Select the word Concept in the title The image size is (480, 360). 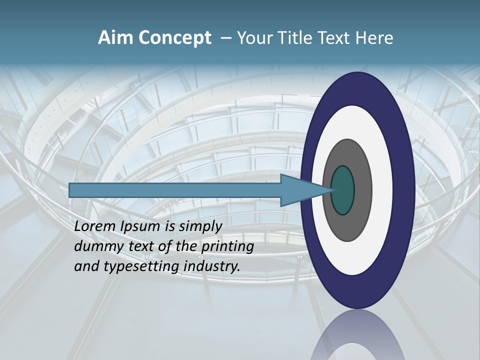[x=174, y=38]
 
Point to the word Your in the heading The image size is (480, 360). [x=253, y=38]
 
